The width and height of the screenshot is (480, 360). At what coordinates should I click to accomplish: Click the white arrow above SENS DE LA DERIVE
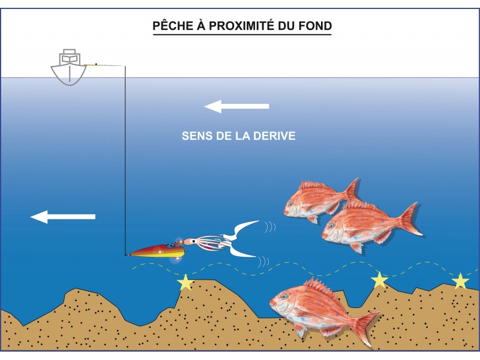pyautogui.click(x=236, y=107)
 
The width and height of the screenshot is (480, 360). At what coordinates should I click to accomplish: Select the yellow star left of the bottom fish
pyautogui.click(x=185, y=281)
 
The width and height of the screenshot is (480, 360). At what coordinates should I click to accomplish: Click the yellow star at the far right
pyautogui.click(x=460, y=281)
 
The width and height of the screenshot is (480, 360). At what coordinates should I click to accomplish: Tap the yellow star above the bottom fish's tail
pyautogui.click(x=379, y=280)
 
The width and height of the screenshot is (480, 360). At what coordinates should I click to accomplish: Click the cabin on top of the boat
pyautogui.click(x=69, y=57)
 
